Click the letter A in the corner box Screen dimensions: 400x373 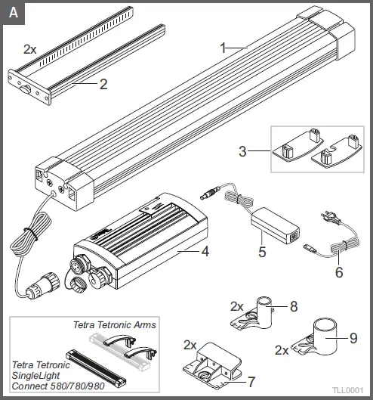11,11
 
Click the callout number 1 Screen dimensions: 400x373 223,47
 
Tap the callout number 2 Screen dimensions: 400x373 103,84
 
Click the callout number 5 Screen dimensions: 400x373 263,252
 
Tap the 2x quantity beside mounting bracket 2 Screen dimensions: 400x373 30,48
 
